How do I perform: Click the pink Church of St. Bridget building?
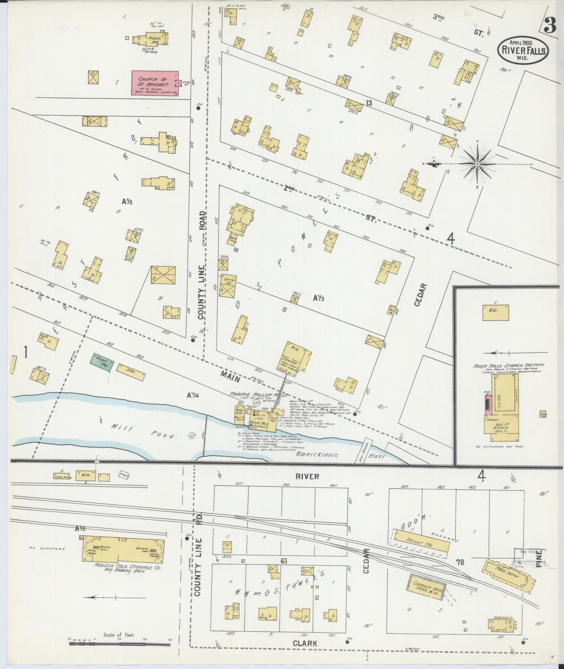tap(154, 83)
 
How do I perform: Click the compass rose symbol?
tap(477, 165)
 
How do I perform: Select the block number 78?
tap(460, 562)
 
